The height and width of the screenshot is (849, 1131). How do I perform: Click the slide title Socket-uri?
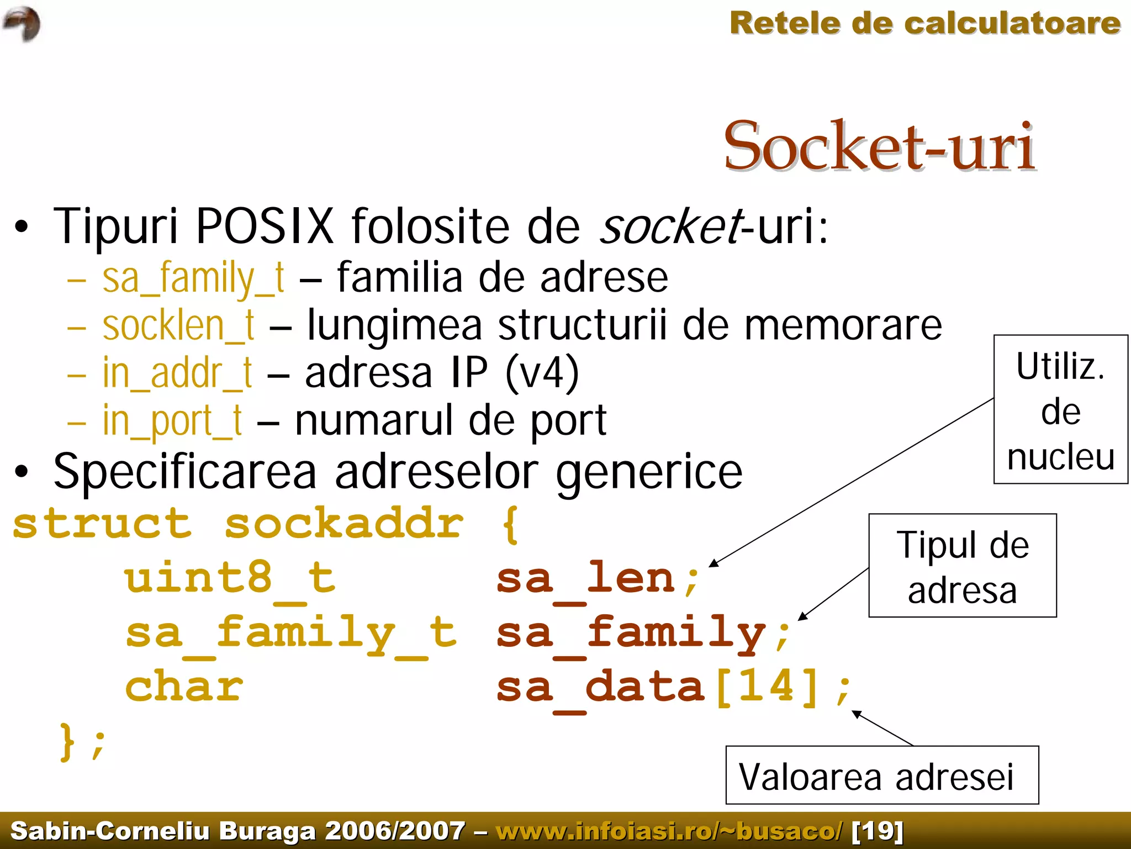879,146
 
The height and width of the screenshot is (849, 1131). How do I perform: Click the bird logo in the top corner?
22,24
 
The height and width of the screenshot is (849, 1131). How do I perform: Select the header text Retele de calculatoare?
924,24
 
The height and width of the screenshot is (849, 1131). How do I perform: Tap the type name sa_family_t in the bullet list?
193,278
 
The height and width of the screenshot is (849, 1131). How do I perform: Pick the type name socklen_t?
178,326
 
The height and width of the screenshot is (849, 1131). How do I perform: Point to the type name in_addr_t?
177,373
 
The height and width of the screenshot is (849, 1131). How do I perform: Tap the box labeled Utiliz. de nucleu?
1060,409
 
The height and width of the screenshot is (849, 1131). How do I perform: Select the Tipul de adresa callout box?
962,566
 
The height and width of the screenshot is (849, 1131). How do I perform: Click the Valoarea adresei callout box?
881,776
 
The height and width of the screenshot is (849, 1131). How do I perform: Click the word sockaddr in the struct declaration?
344,524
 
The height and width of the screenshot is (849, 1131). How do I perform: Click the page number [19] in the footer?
878,831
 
